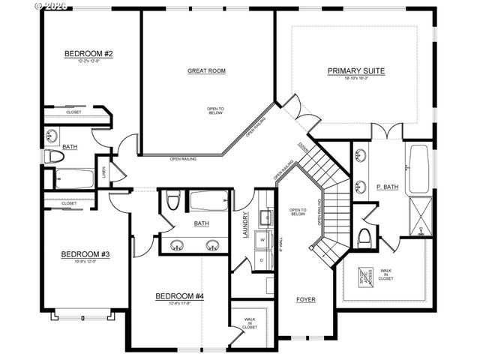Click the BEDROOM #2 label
tap(88, 54)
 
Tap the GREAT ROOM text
tap(206, 71)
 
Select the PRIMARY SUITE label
tap(356, 71)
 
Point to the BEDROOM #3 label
tap(85, 255)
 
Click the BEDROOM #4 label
tap(180, 296)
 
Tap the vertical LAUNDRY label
tap(245, 227)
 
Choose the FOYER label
tap(305, 300)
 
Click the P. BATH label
tap(387, 187)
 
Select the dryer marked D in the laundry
tap(262, 259)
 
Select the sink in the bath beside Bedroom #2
tap(51, 136)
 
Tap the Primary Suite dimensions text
tap(356, 79)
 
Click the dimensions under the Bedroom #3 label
tap(85, 262)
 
